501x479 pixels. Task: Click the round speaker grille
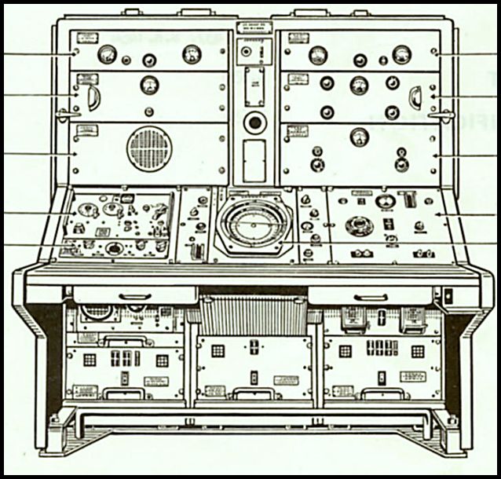coord(149,148)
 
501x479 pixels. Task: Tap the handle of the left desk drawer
coord(135,297)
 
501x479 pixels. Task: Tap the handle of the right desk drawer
coord(371,297)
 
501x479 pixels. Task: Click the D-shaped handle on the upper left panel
coord(93,97)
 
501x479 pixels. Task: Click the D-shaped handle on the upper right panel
coord(415,97)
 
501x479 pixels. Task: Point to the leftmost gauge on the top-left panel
coord(108,54)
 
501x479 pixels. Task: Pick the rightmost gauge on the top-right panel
coord(401,54)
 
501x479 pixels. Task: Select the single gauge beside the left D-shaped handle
coord(148,85)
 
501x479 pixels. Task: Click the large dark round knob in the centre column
coord(254,122)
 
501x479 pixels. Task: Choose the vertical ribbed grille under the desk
coord(253,316)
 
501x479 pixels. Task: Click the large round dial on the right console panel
coord(359,225)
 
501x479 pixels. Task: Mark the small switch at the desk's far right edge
coord(448,297)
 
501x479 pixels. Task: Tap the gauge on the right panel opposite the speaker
coord(359,137)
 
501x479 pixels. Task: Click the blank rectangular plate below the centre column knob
coord(254,160)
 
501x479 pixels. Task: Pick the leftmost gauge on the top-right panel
coord(318,55)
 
